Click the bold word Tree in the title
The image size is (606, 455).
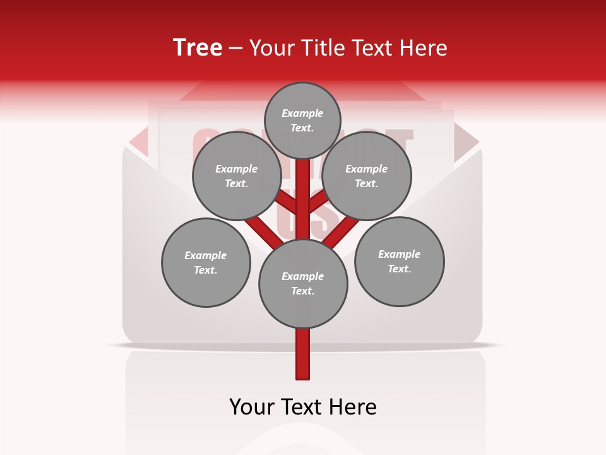tap(198, 47)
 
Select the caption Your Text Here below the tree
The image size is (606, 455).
tap(303, 406)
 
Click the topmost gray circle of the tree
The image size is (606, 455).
tap(302, 120)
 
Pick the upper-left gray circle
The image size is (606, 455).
tap(237, 176)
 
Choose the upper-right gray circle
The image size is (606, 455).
tap(367, 176)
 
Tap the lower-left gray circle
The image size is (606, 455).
tap(206, 263)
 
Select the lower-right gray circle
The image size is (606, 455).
tap(400, 262)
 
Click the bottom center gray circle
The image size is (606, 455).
tap(303, 284)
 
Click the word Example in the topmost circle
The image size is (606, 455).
tap(302, 113)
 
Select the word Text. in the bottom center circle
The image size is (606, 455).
tap(302, 291)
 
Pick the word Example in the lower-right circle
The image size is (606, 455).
tap(399, 254)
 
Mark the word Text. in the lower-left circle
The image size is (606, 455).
tap(205, 270)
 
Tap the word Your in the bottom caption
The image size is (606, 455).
tap(252, 406)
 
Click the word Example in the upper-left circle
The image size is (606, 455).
tap(236, 169)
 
